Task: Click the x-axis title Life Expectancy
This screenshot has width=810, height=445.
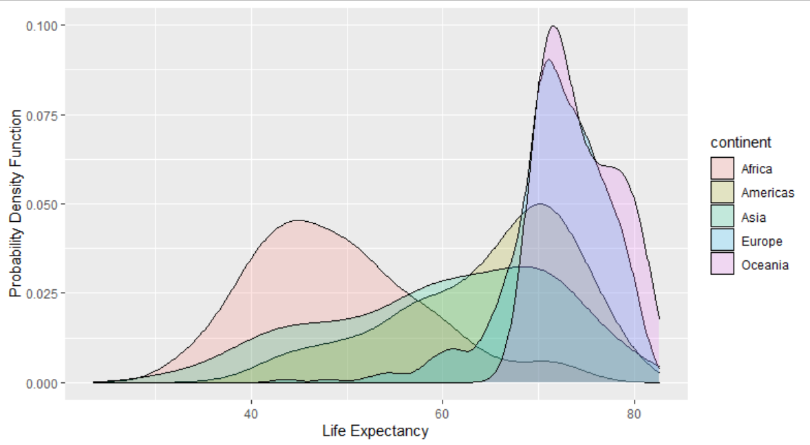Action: [375, 432]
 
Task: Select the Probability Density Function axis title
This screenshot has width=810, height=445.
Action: [14, 204]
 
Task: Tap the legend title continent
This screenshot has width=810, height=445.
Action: [740, 143]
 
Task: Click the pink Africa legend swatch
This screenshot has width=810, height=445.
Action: [723, 169]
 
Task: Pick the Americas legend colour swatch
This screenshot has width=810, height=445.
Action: [723, 193]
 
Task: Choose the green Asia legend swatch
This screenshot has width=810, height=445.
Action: [723, 217]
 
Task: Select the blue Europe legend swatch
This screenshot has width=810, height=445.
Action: [723, 241]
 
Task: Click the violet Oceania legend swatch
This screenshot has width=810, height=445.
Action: [723, 265]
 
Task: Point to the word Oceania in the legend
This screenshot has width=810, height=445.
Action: [765, 265]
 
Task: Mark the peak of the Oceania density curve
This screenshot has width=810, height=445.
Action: [553, 26]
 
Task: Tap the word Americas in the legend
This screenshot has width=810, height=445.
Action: [767, 193]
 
